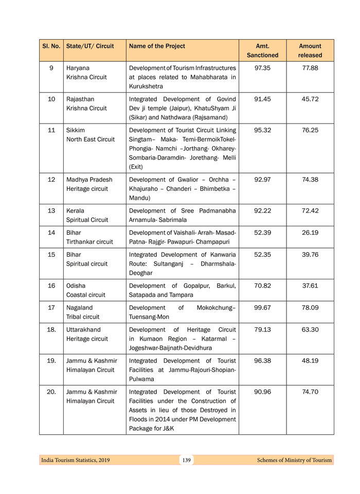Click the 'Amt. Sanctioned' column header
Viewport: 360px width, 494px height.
coord(262,50)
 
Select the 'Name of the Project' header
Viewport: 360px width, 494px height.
coord(157,46)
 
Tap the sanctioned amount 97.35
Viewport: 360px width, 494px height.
coord(262,68)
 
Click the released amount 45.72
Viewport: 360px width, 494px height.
coord(310,99)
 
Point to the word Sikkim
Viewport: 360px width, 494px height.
coord(75,130)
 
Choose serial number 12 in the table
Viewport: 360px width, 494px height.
coord(51,180)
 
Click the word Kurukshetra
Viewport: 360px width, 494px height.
coord(147,86)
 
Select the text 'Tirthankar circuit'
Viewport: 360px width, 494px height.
coord(89,242)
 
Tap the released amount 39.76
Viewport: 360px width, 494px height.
coord(310,255)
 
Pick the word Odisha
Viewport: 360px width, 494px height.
coord(76,286)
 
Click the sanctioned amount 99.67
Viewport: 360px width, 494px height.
coord(262,308)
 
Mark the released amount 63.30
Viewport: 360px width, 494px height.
coord(310,330)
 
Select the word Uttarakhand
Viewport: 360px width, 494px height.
coord(83,330)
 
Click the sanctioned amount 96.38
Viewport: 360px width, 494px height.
coord(262,361)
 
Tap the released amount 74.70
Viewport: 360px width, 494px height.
coord(310,392)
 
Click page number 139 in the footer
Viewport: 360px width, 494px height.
coord(186,460)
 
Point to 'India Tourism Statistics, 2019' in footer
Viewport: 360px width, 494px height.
coord(76,460)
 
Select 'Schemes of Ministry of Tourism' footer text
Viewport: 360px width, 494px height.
coord(294,460)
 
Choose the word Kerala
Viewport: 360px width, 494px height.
coord(75,210)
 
